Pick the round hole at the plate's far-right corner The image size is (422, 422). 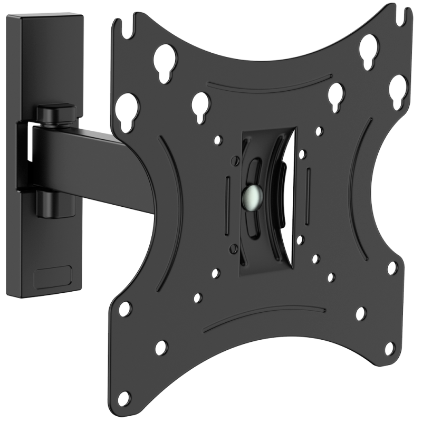pyautogui.click(x=395, y=267)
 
